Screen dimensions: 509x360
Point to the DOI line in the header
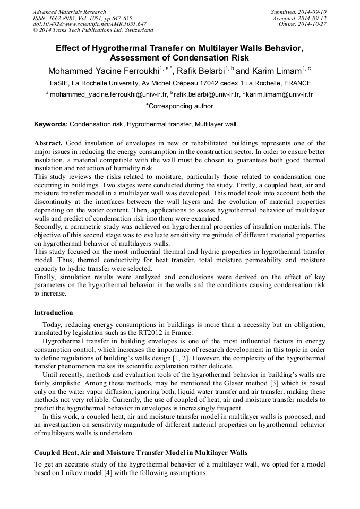pos(90,24)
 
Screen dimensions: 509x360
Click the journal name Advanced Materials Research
pos(70,12)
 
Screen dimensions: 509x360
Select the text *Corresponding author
pos(179,106)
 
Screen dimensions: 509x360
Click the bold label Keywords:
pos(51,124)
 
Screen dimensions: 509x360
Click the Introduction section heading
pos(54,312)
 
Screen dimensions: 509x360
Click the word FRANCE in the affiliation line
pos(297,83)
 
